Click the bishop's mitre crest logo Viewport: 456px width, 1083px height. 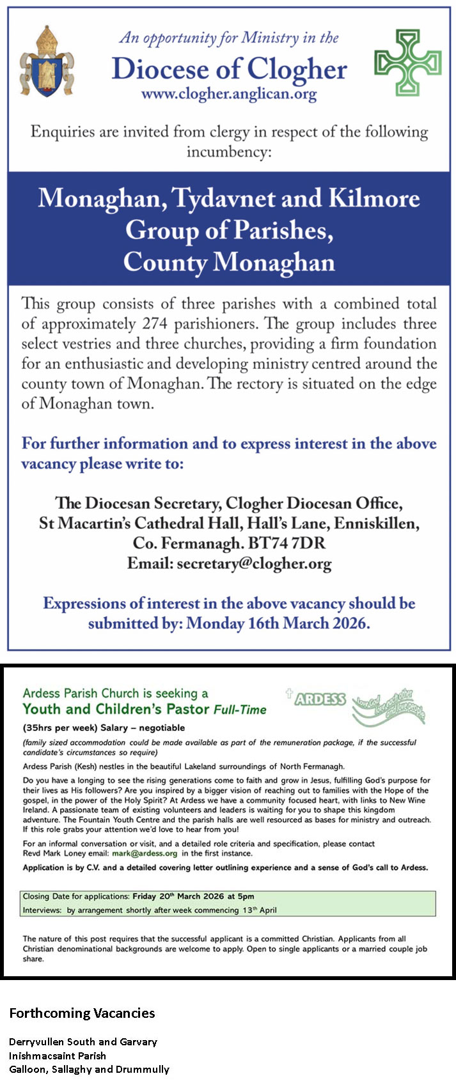point(45,61)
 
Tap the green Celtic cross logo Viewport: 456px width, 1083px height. point(407,63)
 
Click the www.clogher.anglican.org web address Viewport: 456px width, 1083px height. point(229,95)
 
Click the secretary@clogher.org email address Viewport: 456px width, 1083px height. point(254,564)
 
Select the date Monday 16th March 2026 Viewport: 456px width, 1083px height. point(278,623)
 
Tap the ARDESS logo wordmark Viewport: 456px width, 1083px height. point(320,699)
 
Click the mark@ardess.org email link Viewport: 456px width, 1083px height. point(145,853)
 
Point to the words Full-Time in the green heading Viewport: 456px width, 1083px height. point(240,710)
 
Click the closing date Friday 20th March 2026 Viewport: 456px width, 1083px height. point(193,896)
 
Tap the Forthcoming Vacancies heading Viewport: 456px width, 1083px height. point(82,1013)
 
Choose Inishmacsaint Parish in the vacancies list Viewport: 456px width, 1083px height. point(58,1056)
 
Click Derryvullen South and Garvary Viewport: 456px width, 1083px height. point(83,1042)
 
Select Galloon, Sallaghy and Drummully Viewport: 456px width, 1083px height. point(89,1069)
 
